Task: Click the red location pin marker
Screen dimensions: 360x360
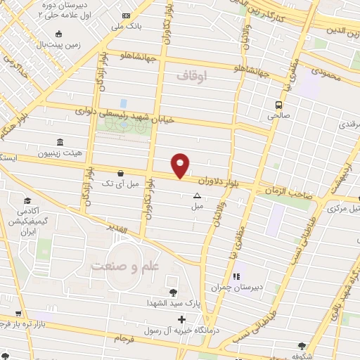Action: [x=181, y=165]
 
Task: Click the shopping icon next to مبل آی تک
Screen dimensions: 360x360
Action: [x=120, y=172]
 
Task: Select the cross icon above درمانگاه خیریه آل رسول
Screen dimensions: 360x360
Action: [x=182, y=320]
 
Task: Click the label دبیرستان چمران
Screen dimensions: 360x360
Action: [x=236, y=287]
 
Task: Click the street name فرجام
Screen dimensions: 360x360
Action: [x=123, y=338]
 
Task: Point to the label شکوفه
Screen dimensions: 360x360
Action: [x=302, y=355]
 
